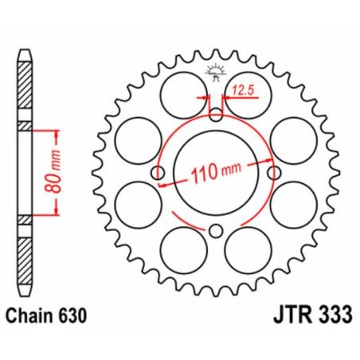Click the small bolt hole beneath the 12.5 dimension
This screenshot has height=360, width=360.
[216, 114]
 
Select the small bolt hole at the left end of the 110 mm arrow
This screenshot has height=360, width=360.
[158, 174]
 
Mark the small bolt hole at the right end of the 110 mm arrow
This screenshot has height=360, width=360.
[275, 173]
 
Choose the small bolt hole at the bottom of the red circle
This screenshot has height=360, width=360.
[216, 232]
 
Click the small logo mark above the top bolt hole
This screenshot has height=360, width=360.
[216, 70]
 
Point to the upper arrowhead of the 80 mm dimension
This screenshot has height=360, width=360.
[57, 130]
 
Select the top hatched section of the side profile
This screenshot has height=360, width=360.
[25, 87]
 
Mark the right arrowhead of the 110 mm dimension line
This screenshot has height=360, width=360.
[268, 162]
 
